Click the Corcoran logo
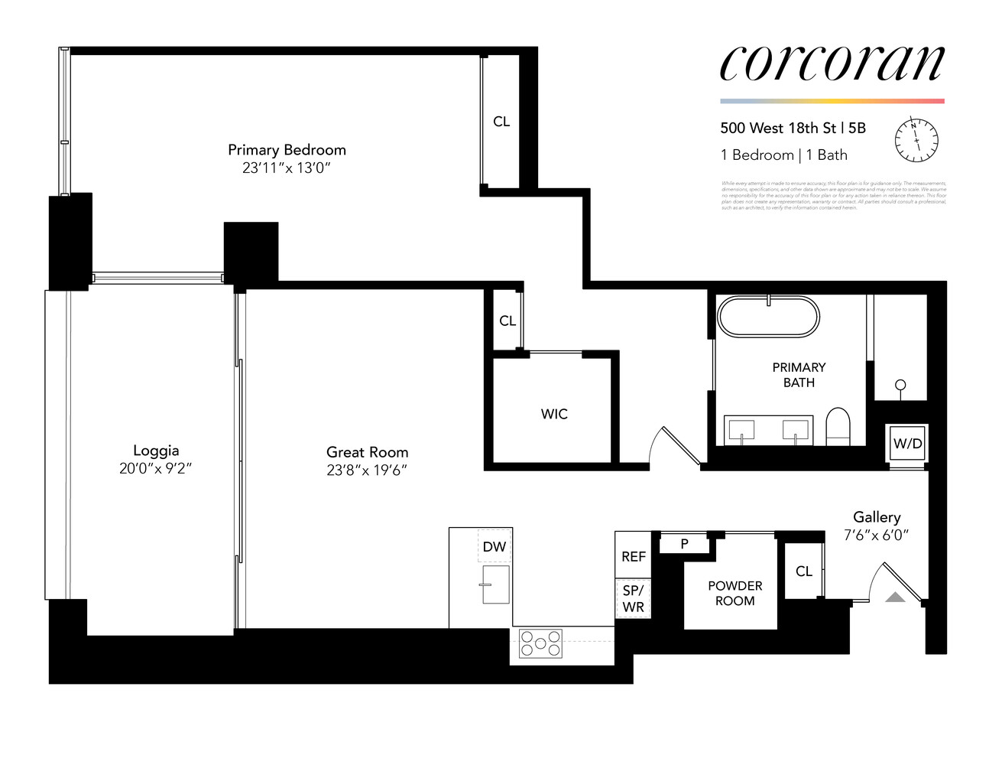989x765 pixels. (832, 63)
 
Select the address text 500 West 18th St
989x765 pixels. (778, 129)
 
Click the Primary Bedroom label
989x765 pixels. (287, 150)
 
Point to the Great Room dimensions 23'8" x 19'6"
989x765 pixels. (367, 470)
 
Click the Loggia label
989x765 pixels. (156, 451)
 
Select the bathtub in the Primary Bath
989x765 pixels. (768, 317)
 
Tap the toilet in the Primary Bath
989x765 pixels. (838, 426)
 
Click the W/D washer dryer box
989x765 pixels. (907, 444)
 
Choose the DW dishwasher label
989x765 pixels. (494, 547)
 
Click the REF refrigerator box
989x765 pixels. (633, 556)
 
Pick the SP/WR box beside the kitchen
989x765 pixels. (633, 599)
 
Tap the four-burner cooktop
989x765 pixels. (540, 643)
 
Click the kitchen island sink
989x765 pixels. (496, 584)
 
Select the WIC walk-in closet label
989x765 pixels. (554, 414)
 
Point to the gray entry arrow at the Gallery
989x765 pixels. (895, 597)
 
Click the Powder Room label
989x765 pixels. (734, 593)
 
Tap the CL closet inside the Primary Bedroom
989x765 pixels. (501, 122)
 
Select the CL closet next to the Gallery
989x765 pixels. (803, 571)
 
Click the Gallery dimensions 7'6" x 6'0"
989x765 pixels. (876, 535)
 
